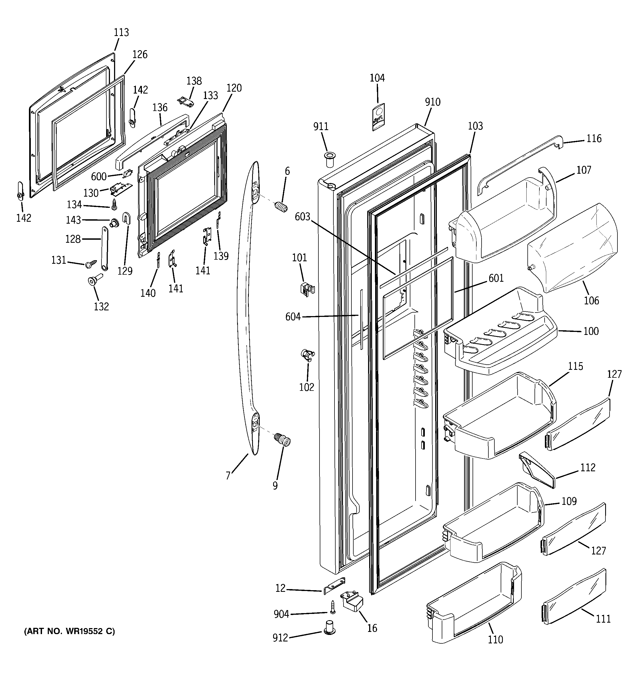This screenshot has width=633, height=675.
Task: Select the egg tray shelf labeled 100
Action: [500, 340]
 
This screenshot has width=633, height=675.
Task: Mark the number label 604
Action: [293, 317]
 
